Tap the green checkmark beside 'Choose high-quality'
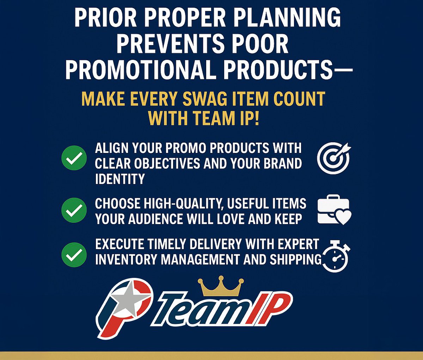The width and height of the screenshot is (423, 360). [x=74, y=210]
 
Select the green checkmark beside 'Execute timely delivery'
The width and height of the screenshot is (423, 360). [x=74, y=254]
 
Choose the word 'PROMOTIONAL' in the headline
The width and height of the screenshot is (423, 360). [x=140, y=70]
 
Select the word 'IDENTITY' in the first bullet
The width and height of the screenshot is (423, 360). [x=120, y=179]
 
